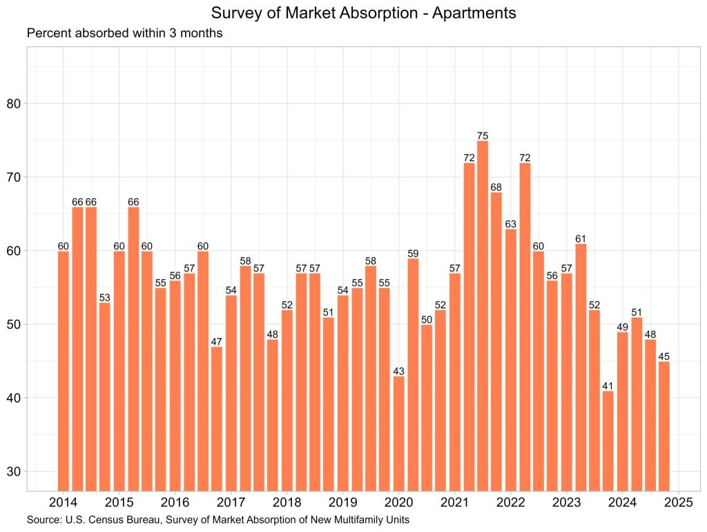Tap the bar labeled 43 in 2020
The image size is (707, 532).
pyautogui.click(x=399, y=433)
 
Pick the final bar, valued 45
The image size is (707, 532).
pyautogui.click(x=664, y=426)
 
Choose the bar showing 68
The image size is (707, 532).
pyautogui.click(x=496, y=341)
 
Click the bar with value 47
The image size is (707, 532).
pyautogui.click(x=217, y=418)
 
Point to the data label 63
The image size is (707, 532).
pyautogui.click(x=510, y=224)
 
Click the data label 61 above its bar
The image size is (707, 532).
pyautogui.click(x=581, y=238)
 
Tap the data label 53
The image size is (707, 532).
pyautogui.click(x=105, y=297)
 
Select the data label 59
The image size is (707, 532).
pyautogui.click(x=413, y=253)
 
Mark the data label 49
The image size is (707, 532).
pyautogui.click(x=622, y=327)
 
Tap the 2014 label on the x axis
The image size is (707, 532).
pyautogui.click(x=64, y=502)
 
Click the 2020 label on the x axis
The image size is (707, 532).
pyautogui.click(x=398, y=502)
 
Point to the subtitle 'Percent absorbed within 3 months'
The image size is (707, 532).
pyautogui.click(x=124, y=33)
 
